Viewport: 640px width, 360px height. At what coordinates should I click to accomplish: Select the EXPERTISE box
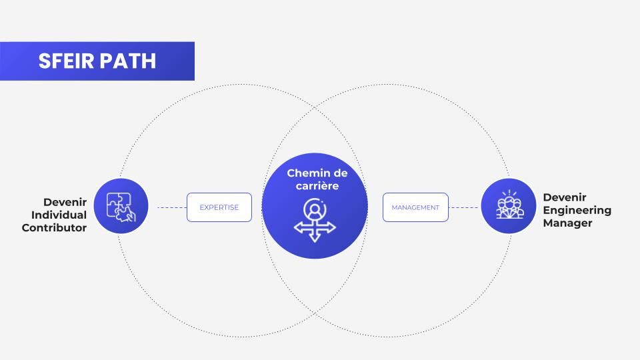(219, 207)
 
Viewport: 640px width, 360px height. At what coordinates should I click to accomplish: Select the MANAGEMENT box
(415, 207)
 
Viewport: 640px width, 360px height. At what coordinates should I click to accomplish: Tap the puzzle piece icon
(121, 206)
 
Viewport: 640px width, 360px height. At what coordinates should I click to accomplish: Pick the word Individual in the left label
(59, 215)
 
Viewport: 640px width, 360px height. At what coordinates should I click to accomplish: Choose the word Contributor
(54, 227)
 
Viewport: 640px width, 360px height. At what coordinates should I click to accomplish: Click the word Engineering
(577, 210)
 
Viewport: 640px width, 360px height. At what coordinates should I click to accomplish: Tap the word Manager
(567, 223)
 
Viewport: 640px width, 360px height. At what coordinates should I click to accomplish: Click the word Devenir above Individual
(65, 202)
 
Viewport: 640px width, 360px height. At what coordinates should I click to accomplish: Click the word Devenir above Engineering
(565, 197)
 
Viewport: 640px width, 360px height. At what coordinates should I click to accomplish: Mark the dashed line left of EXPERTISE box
(171, 207)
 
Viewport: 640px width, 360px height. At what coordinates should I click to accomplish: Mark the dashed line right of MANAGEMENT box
(464, 207)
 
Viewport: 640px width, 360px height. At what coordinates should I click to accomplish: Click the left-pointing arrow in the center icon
(298, 227)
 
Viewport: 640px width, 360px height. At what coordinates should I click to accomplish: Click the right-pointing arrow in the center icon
(331, 227)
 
